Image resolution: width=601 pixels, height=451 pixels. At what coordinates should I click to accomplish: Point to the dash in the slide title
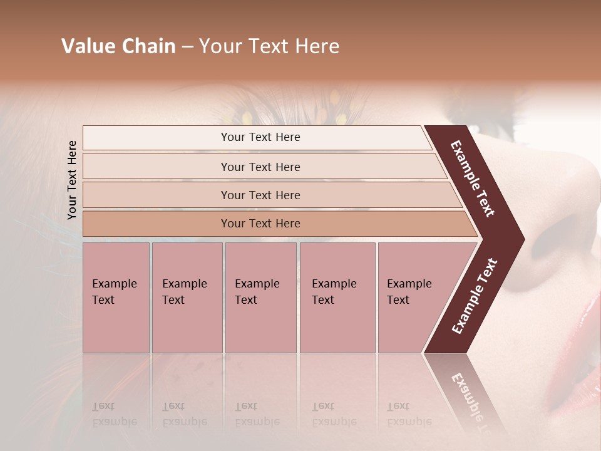click(x=187, y=46)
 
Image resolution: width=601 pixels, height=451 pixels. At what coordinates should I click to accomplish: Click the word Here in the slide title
click(x=317, y=46)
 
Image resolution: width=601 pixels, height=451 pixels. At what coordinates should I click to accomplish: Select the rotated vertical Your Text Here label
click(x=72, y=180)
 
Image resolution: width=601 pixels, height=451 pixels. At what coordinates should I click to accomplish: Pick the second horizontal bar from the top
click(x=260, y=167)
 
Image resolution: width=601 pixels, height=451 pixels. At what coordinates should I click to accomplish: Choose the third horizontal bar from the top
click(x=260, y=195)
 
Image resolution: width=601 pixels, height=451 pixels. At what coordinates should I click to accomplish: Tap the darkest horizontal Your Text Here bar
click(x=260, y=224)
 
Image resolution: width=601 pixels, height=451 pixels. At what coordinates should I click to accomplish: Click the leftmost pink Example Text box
click(x=116, y=297)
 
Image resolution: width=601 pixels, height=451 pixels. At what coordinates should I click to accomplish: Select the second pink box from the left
click(x=187, y=297)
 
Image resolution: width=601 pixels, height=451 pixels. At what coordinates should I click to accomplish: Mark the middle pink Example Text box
click(x=260, y=297)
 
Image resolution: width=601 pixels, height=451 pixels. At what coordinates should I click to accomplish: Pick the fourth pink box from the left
click(x=337, y=297)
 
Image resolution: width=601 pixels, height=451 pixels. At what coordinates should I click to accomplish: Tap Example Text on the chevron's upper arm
click(x=473, y=179)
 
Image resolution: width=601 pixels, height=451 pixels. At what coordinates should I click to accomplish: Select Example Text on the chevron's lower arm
click(x=475, y=296)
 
